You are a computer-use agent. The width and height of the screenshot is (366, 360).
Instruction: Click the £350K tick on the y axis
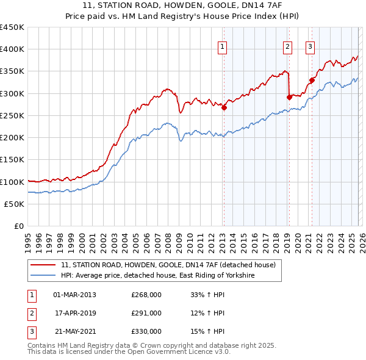(x=12, y=71)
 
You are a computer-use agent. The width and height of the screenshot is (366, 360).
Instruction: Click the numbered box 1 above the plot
(x=222, y=46)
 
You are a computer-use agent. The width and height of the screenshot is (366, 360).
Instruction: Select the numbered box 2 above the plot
(x=287, y=46)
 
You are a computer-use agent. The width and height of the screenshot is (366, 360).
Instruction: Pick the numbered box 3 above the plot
(x=310, y=46)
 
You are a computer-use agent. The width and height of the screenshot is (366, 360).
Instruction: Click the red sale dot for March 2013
(x=224, y=108)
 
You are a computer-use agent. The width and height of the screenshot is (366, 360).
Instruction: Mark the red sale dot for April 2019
(x=289, y=96)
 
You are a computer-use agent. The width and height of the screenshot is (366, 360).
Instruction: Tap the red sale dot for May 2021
(x=312, y=79)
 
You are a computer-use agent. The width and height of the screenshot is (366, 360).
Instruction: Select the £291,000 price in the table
(x=146, y=313)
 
